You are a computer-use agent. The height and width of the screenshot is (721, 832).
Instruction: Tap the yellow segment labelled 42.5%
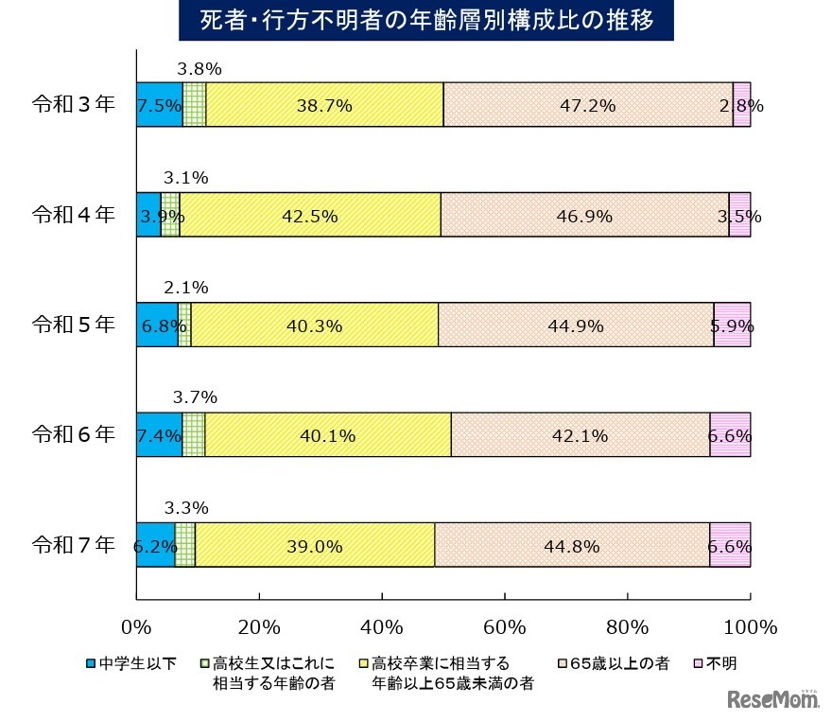pyautogui.click(x=310, y=216)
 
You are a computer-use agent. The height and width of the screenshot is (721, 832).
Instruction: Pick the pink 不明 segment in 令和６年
pyautogui.click(x=730, y=435)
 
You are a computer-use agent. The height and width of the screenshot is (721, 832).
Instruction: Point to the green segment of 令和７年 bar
pyautogui.click(x=185, y=545)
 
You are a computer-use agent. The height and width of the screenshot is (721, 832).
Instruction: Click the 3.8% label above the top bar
pyautogui.click(x=199, y=69)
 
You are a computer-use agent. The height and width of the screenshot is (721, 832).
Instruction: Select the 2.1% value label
pyautogui.click(x=185, y=288)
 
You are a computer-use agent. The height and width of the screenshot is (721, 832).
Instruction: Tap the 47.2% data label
pyautogui.click(x=588, y=106)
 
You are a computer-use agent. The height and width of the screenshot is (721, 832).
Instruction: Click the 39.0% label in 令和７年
pyautogui.click(x=315, y=546)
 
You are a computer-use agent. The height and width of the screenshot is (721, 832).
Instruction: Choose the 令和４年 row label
pyautogui.click(x=73, y=215)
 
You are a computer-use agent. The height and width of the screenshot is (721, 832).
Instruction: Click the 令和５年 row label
pyautogui.click(x=73, y=325)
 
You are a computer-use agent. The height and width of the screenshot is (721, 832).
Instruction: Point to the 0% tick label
pyautogui.click(x=137, y=627)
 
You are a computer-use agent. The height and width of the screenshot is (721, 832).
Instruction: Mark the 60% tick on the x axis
pyautogui.click(x=504, y=627)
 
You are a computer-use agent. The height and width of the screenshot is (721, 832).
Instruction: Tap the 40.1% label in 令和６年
pyautogui.click(x=327, y=436)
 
